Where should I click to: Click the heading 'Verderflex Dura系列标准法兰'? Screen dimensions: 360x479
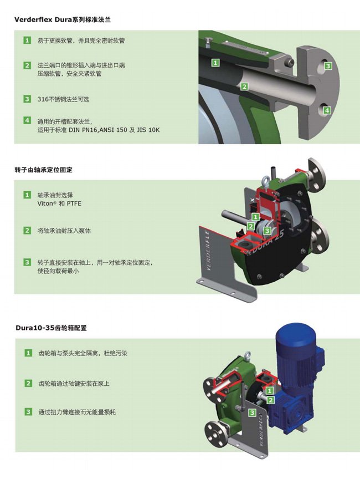pyautogui.click(x=62, y=19)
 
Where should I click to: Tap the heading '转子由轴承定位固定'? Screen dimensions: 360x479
pyautogui.click(x=43, y=170)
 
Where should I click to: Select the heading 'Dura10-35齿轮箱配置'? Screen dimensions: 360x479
pyautogui.click(x=52, y=328)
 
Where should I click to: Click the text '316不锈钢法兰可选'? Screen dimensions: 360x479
pyautogui.click(x=63, y=99)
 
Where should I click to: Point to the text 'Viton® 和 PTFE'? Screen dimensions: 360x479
pyautogui.click(x=59, y=203)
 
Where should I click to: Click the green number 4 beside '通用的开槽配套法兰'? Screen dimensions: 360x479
pyautogui.click(x=27, y=120)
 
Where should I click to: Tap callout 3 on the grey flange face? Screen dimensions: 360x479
pyautogui.click(x=328, y=65)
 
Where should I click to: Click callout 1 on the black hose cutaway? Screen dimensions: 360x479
pyautogui.click(x=215, y=63)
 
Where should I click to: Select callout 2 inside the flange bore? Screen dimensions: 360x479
pyautogui.click(x=244, y=86)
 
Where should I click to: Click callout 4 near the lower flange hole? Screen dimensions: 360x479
pyautogui.click(x=327, y=110)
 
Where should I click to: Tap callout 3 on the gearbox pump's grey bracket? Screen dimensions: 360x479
pyautogui.click(x=252, y=412)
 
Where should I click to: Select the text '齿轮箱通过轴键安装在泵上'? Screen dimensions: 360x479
pyautogui.click(x=74, y=384)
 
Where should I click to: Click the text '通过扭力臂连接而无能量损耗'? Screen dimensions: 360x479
pyautogui.click(x=77, y=412)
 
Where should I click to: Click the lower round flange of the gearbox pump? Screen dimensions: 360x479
pyautogui.click(x=218, y=434)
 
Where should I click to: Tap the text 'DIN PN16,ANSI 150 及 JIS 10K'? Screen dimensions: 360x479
pyautogui.click(x=114, y=130)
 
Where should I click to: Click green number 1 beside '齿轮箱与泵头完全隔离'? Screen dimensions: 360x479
pyautogui.click(x=28, y=353)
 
